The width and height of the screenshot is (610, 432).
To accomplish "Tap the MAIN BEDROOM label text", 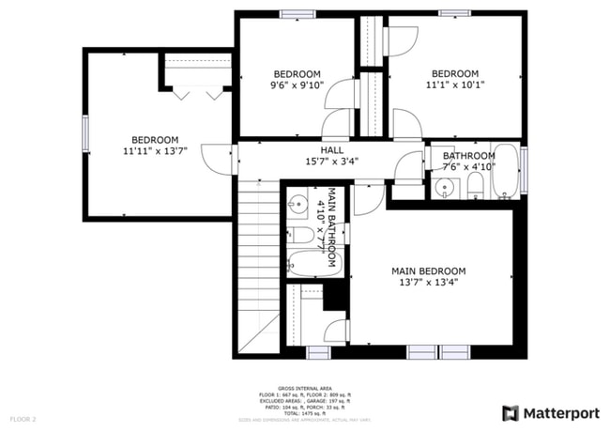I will coord(428,271).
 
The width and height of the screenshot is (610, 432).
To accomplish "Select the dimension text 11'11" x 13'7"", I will coord(155,150).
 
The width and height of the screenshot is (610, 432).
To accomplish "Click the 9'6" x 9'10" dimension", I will coord(297,85).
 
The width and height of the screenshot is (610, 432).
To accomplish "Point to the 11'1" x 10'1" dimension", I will coord(454,85).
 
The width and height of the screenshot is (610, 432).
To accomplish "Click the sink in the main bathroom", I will coord(297,202).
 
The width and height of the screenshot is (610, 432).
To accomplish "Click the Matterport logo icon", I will coord(511,412).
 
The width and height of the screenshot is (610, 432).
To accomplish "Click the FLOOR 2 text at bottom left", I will coord(23,418).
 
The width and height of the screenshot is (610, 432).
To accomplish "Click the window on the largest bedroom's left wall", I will coord(86,132).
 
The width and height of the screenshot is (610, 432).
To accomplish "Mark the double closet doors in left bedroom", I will coord(197,93).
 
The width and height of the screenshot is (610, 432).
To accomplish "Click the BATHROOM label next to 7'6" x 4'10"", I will coord(468,156).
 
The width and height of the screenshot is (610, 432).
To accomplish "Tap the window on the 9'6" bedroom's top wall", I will coord(297,13).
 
